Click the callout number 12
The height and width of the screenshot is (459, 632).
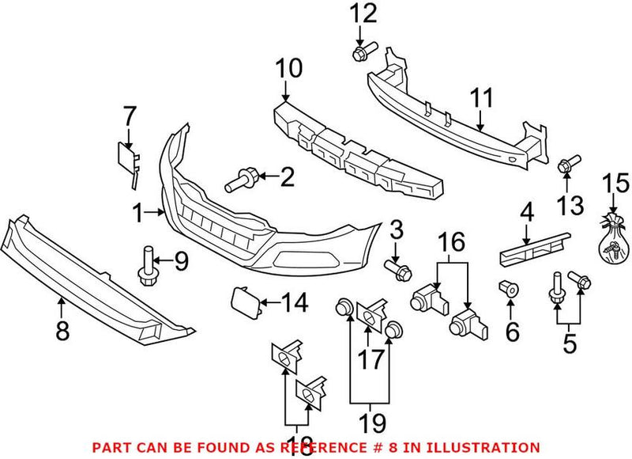(364, 13)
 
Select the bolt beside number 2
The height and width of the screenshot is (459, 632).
(239, 181)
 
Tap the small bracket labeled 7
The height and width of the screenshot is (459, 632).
(129, 157)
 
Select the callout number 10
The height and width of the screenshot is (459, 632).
(288, 69)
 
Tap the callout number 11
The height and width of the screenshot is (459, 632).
(481, 99)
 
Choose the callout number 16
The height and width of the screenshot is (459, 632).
(453, 238)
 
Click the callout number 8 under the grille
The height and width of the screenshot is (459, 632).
(62, 329)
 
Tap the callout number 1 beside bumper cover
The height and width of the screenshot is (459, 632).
(139, 213)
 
